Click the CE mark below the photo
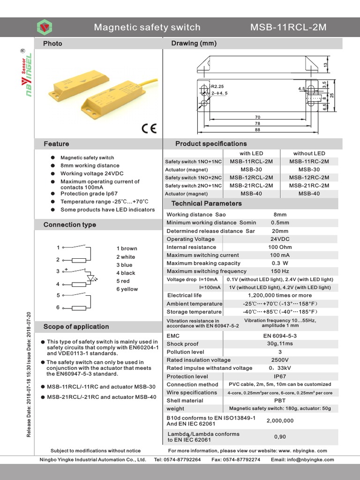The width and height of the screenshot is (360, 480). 149,128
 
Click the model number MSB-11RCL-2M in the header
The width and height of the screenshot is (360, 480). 288,27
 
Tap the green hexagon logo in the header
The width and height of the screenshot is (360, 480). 45,27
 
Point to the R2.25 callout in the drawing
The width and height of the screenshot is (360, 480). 217,87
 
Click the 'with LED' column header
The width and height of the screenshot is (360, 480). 251,153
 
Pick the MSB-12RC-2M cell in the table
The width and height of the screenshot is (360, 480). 309,178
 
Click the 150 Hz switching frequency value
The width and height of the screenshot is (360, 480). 279,271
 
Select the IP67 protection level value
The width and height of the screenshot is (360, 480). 279,376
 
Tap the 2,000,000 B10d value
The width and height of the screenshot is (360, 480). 280,421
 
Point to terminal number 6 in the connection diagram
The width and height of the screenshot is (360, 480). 58,307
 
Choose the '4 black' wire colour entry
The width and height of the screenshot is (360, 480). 126,273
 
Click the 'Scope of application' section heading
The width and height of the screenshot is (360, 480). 76,327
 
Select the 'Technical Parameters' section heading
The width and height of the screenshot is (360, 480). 207,203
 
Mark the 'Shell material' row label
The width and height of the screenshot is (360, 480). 185,401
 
